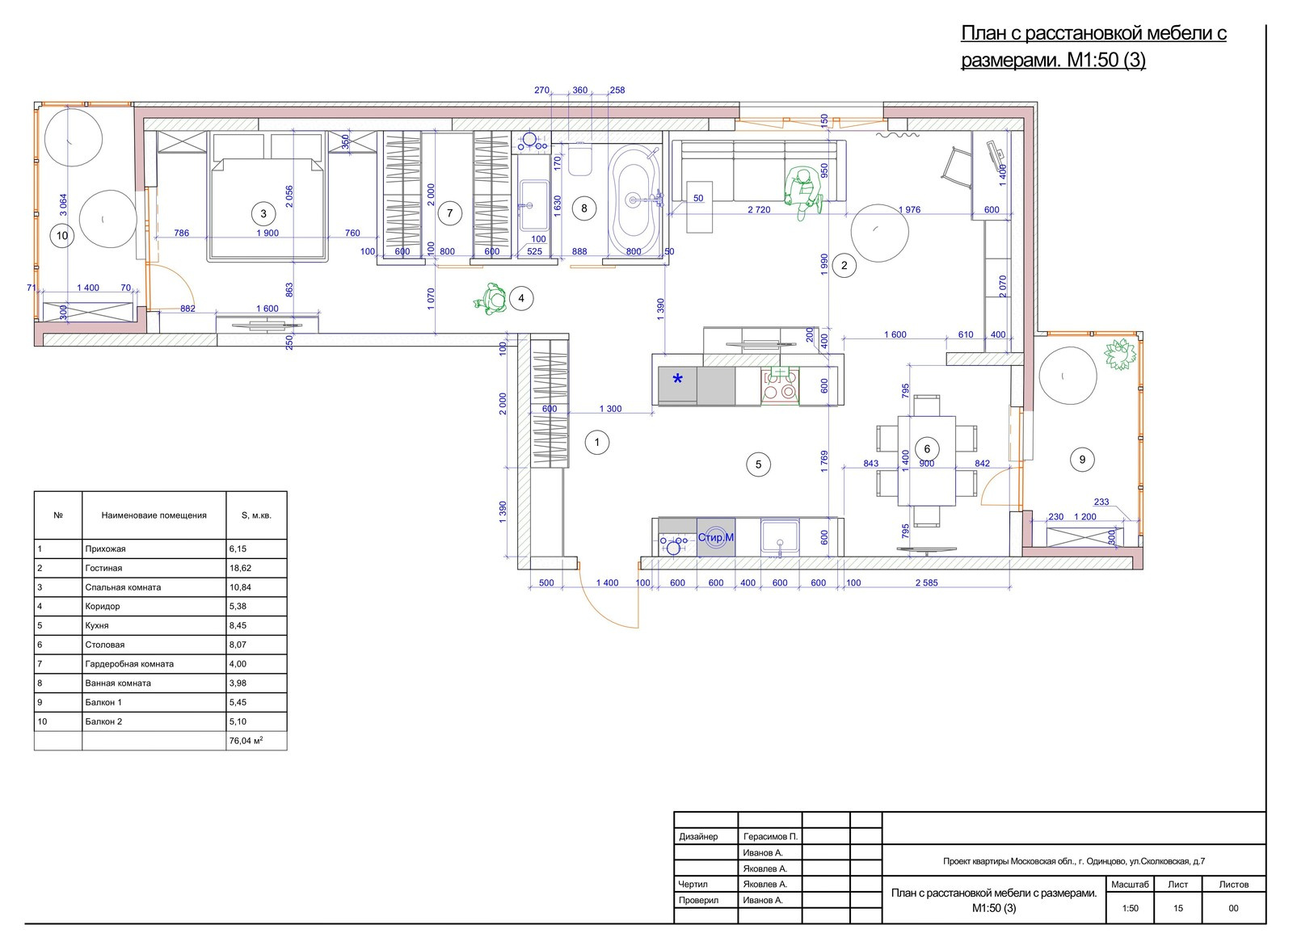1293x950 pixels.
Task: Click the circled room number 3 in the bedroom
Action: coord(263,214)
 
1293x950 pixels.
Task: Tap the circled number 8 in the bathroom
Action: coord(584,208)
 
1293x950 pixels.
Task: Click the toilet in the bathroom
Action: coord(580,159)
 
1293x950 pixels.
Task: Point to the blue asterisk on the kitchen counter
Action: coord(678,379)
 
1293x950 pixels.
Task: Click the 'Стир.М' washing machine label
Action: coord(716,537)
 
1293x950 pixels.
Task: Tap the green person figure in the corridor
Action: coord(492,299)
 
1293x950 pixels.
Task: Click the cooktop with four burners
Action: coord(780,385)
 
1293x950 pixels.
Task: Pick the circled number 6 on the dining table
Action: coord(927,449)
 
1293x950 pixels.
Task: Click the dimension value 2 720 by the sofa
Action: coord(759,210)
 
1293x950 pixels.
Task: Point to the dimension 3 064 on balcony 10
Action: coord(64,205)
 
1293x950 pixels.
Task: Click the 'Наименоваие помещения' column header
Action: coord(154,515)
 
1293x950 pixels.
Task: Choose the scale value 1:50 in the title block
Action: coord(1130,908)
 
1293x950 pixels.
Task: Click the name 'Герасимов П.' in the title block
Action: coord(770,836)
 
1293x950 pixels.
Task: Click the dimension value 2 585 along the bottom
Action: coord(926,583)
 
